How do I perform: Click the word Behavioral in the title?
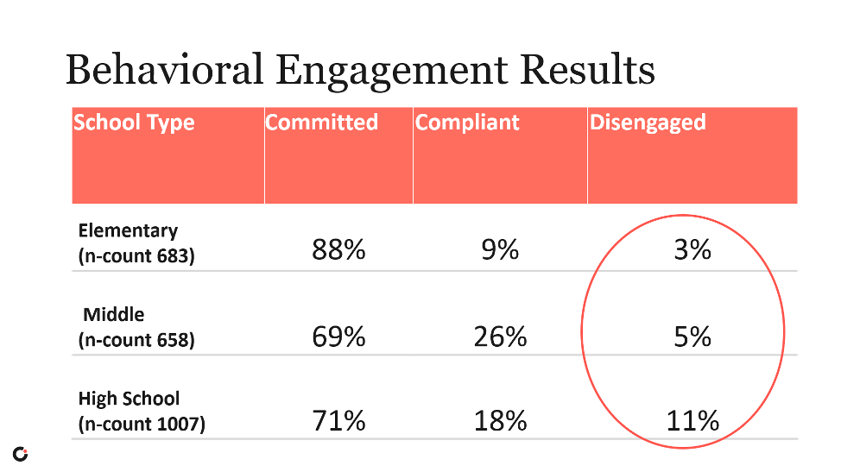[163, 70]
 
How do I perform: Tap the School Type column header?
[134, 123]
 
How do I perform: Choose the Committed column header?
[321, 123]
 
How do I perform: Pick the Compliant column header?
[467, 123]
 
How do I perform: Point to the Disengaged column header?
[648, 123]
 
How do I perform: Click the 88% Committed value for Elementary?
[338, 250]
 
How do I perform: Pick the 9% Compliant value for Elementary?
[500, 250]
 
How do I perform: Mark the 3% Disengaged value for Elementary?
[692, 250]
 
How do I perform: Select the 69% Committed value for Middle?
[338, 336]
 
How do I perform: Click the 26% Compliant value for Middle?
[500, 336]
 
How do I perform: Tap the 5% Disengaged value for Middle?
[692, 336]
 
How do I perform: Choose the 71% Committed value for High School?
[338, 421]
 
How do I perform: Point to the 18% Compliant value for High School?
[500, 421]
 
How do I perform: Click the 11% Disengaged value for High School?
[692, 421]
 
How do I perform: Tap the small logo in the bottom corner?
[20, 454]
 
